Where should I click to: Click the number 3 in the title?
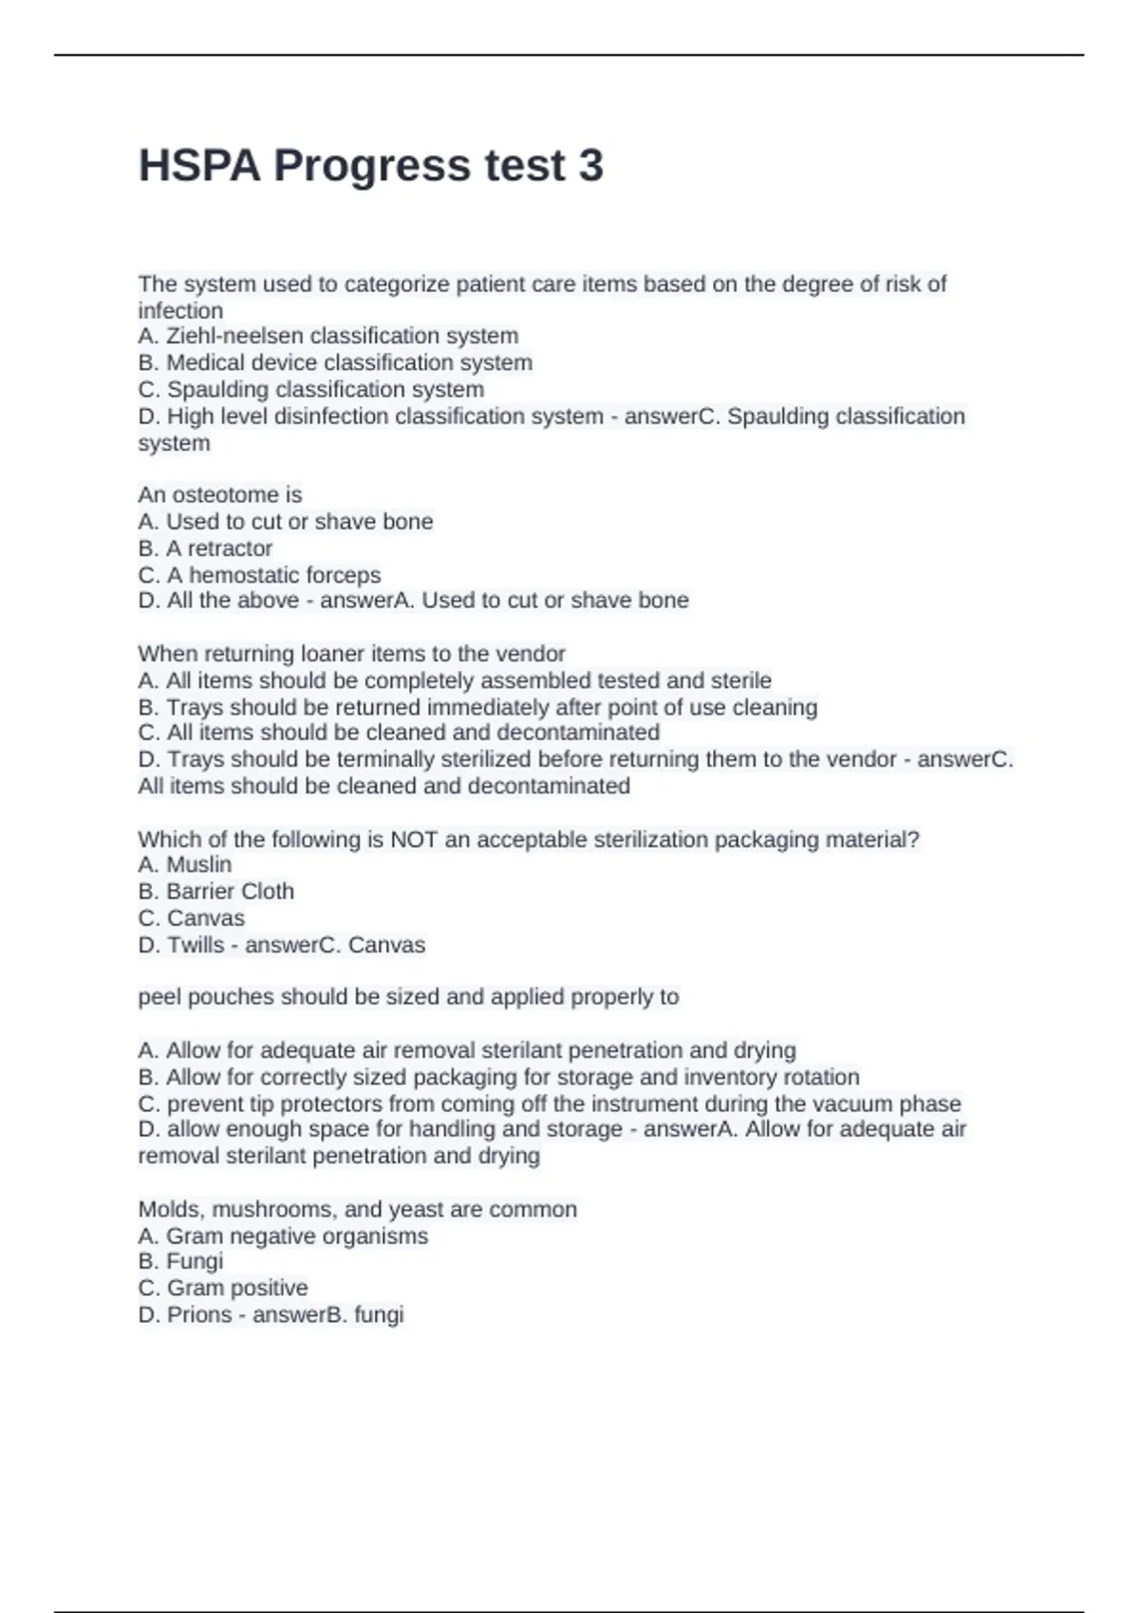click(589, 166)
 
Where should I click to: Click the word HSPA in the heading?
click(198, 166)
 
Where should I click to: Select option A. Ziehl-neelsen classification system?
click(328, 336)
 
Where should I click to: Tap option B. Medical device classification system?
click(335, 362)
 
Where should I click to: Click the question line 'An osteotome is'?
click(220, 494)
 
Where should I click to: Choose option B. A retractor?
click(205, 548)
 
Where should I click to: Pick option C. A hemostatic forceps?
click(259, 575)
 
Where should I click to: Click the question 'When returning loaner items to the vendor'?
click(351, 654)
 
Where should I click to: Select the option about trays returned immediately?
click(477, 707)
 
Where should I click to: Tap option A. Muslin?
click(185, 864)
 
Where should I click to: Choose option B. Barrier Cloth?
click(216, 891)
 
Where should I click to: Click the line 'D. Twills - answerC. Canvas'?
click(282, 945)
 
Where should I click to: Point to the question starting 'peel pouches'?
click(408, 997)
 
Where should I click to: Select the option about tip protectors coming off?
click(550, 1103)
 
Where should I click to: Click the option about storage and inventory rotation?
click(498, 1077)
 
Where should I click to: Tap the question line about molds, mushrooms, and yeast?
click(358, 1210)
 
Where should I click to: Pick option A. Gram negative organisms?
click(283, 1236)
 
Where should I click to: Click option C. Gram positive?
click(223, 1288)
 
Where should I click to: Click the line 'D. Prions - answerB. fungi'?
click(271, 1315)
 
